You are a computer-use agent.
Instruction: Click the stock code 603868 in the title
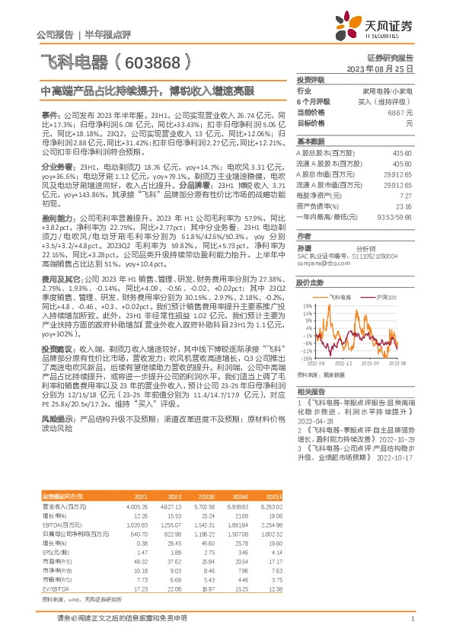pos(152,58)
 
